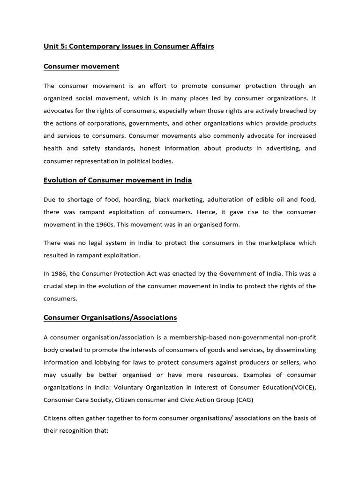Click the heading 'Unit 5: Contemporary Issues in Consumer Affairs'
[128, 46]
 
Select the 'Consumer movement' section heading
[81, 67]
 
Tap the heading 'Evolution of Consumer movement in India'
[118, 180]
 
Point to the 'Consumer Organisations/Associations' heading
[110, 317]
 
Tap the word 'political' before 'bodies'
[146, 161]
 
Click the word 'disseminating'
[294, 350]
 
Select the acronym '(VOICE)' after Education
[302, 387]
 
